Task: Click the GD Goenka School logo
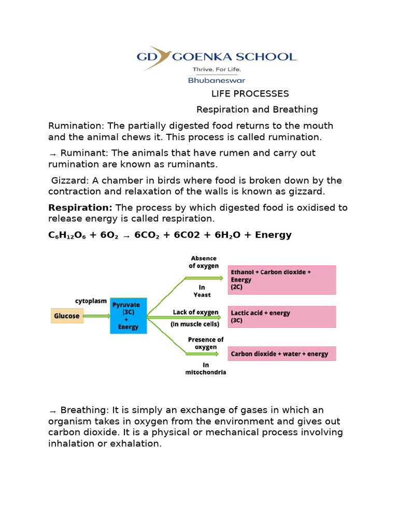tap(216, 57)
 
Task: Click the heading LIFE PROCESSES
tap(250, 94)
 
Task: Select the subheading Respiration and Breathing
tap(257, 109)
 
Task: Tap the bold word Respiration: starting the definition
tap(80, 207)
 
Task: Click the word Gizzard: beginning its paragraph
tap(70, 180)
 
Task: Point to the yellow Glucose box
tap(67, 316)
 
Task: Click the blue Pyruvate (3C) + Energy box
tap(128, 316)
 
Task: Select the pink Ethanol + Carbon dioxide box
tap(281, 280)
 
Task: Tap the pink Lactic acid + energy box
tap(281, 316)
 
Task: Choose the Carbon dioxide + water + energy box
tap(281, 354)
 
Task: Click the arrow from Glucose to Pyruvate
tap(96, 316)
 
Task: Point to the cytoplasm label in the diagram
tap(91, 301)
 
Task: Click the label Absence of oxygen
tap(204, 262)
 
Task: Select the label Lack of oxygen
tap(195, 312)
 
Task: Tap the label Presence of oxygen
tap(205, 343)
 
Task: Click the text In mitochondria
tap(205, 368)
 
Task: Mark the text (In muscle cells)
tap(195, 325)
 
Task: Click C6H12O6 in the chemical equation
tap(67, 235)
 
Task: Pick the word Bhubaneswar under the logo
tap(216, 80)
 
